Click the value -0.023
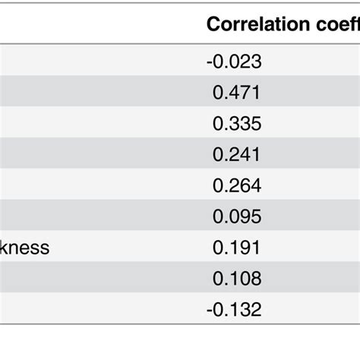coord(234,62)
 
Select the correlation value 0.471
coord(236,93)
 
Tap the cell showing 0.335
coord(236,124)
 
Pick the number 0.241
coord(236,154)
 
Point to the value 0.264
coord(236,185)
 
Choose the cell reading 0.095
coord(236,216)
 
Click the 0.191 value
coord(236,248)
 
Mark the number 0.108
coord(236,278)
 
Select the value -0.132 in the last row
coord(234,309)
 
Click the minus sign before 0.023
coord(210,62)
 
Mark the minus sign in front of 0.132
coord(210,310)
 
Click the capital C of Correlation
coord(213,24)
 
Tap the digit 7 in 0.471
coord(244,93)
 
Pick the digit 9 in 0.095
coord(244,216)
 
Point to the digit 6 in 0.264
coord(244,185)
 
